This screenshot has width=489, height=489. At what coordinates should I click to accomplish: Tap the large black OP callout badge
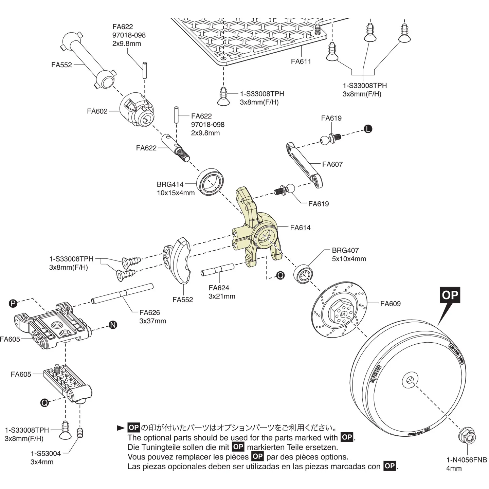(450, 295)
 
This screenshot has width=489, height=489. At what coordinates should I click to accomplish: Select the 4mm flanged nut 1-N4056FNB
(467, 436)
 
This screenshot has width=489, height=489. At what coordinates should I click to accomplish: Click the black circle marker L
(368, 129)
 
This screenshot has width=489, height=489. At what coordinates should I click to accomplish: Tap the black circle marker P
(13, 303)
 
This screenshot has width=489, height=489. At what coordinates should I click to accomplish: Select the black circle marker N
(113, 325)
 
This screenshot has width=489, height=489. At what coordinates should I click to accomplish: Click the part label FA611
(301, 61)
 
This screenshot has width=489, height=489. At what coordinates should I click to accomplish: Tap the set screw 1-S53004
(80, 433)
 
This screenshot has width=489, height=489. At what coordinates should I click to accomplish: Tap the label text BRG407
(345, 250)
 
